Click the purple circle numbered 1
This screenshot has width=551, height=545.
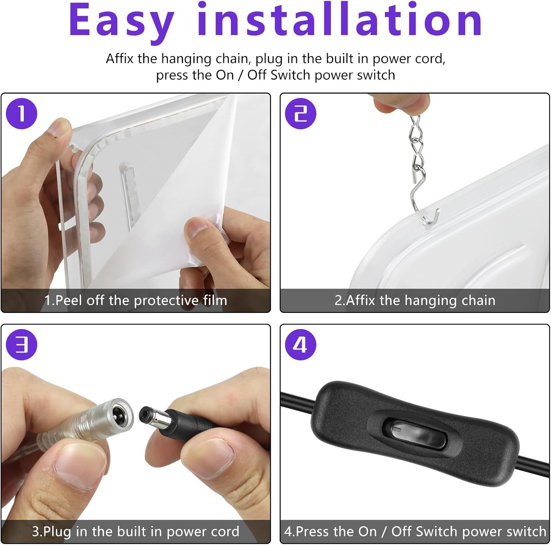tap(22, 113)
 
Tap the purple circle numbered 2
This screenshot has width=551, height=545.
tap(300, 113)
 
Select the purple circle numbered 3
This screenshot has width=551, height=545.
tap(22, 344)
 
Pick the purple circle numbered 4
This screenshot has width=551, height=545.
tap(300, 344)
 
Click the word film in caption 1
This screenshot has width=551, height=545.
tap(215, 300)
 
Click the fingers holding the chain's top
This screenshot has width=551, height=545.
tap(403, 103)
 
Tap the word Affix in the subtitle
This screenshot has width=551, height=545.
tap(120, 59)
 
